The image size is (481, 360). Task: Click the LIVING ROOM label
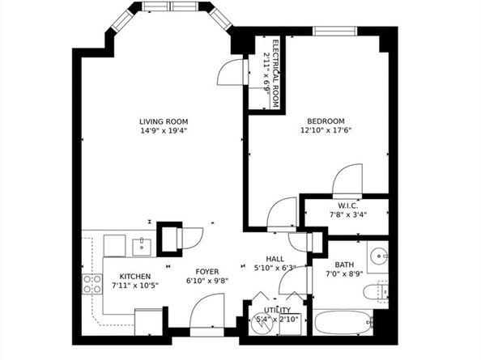tap(164, 121)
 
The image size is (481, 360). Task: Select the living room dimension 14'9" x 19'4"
tap(164, 131)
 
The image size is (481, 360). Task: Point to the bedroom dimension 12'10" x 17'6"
tap(326, 130)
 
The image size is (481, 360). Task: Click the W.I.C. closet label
tap(348, 206)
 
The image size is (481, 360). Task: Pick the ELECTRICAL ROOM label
tap(275, 74)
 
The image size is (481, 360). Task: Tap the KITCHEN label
tap(135, 277)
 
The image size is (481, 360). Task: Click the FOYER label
tap(207, 272)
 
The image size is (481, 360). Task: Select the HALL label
tap(275, 259)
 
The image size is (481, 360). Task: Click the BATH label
tap(344, 265)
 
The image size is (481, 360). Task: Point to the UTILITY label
tap(277, 310)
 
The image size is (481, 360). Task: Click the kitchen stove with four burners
tap(92, 284)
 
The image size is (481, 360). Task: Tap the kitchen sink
tap(142, 247)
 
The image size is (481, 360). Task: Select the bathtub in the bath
tap(343, 322)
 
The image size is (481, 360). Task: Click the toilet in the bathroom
tap(376, 291)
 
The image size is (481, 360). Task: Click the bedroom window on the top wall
tap(335, 31)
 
